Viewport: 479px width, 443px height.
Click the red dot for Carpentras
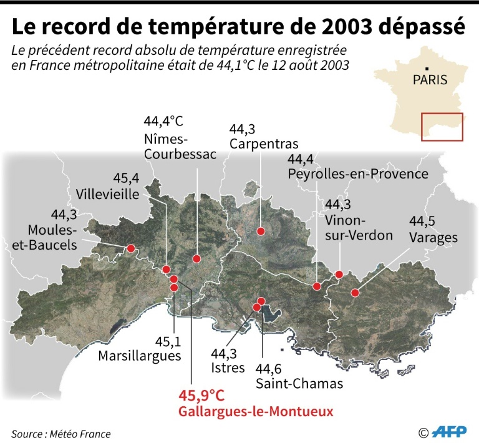261,231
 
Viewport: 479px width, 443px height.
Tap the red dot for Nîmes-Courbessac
196,258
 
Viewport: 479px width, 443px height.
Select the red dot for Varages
355,292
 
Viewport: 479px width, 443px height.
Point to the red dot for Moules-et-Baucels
131,248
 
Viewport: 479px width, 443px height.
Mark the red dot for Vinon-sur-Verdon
339,274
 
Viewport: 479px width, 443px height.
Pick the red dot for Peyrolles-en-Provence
317,286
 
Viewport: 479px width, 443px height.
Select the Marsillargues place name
140,356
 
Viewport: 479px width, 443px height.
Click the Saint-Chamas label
299,383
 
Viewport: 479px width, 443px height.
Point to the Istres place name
228,368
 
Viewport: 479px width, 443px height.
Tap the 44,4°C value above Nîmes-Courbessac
163,120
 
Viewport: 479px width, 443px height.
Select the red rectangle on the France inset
442,127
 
